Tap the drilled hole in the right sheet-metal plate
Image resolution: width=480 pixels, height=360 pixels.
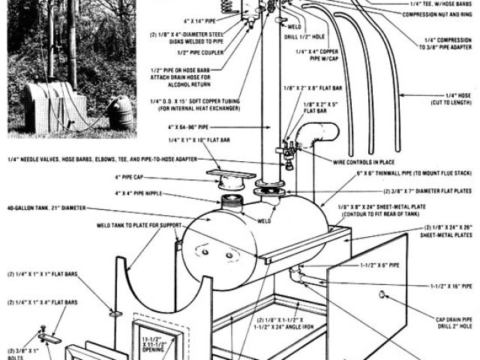(384, 295)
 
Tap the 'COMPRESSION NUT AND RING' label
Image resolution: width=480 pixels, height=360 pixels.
(437, 14)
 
